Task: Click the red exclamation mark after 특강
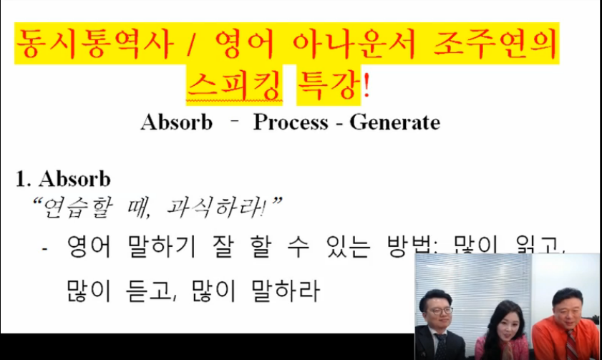pyautogui.click(x=368, y=84)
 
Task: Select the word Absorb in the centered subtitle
pyautogui.click(x=177, y=122)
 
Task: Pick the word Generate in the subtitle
pyautogui.click(x=394, y=122)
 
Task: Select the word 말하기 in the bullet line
pyautogui.click(x=153, y=249)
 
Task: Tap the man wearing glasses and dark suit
pyautogui.click(x=438, y=322)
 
